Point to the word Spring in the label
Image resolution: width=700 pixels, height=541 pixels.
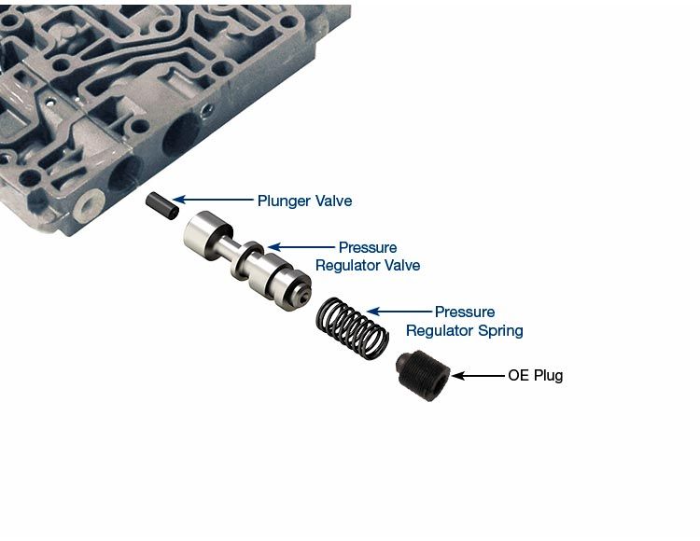[498, 330]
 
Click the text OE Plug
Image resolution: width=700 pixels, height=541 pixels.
[535, 376]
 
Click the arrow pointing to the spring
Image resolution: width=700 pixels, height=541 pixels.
[399, 312]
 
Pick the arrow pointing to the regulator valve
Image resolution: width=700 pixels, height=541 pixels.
[298, 248]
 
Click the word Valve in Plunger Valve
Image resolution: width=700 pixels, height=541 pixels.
[333, 200]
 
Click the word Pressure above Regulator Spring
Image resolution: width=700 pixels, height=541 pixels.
[465, 312]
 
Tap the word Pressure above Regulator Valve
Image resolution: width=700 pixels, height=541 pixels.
[368, 247]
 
